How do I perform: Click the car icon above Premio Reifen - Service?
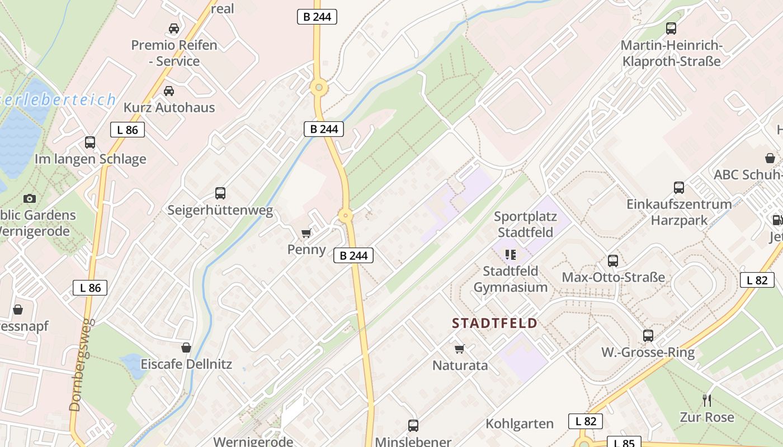pos(173,28)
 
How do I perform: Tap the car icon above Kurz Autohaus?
pos(168,91)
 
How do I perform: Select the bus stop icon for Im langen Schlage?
pos(90,142)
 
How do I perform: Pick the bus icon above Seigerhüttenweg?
pos(220,193)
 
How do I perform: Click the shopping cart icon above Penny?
pos(306,233)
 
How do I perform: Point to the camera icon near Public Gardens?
pos(30,198)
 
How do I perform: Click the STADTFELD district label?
pos(494,323)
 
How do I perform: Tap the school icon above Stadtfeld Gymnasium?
pos(510,255)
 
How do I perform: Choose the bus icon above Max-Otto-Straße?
pos(613,260)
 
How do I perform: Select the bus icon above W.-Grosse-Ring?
pos(648,335)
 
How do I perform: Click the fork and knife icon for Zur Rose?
pos(707,400)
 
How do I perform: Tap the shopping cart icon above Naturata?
pos(460,349)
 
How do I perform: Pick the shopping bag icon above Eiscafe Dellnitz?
pos(186,348)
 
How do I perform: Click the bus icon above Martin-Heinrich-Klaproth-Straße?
pos(671,28)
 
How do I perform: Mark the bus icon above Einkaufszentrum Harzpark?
pos(679,188)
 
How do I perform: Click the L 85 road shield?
pos(624,443)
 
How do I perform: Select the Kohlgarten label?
pos(520,424)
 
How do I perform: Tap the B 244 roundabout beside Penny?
pos(346,216)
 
